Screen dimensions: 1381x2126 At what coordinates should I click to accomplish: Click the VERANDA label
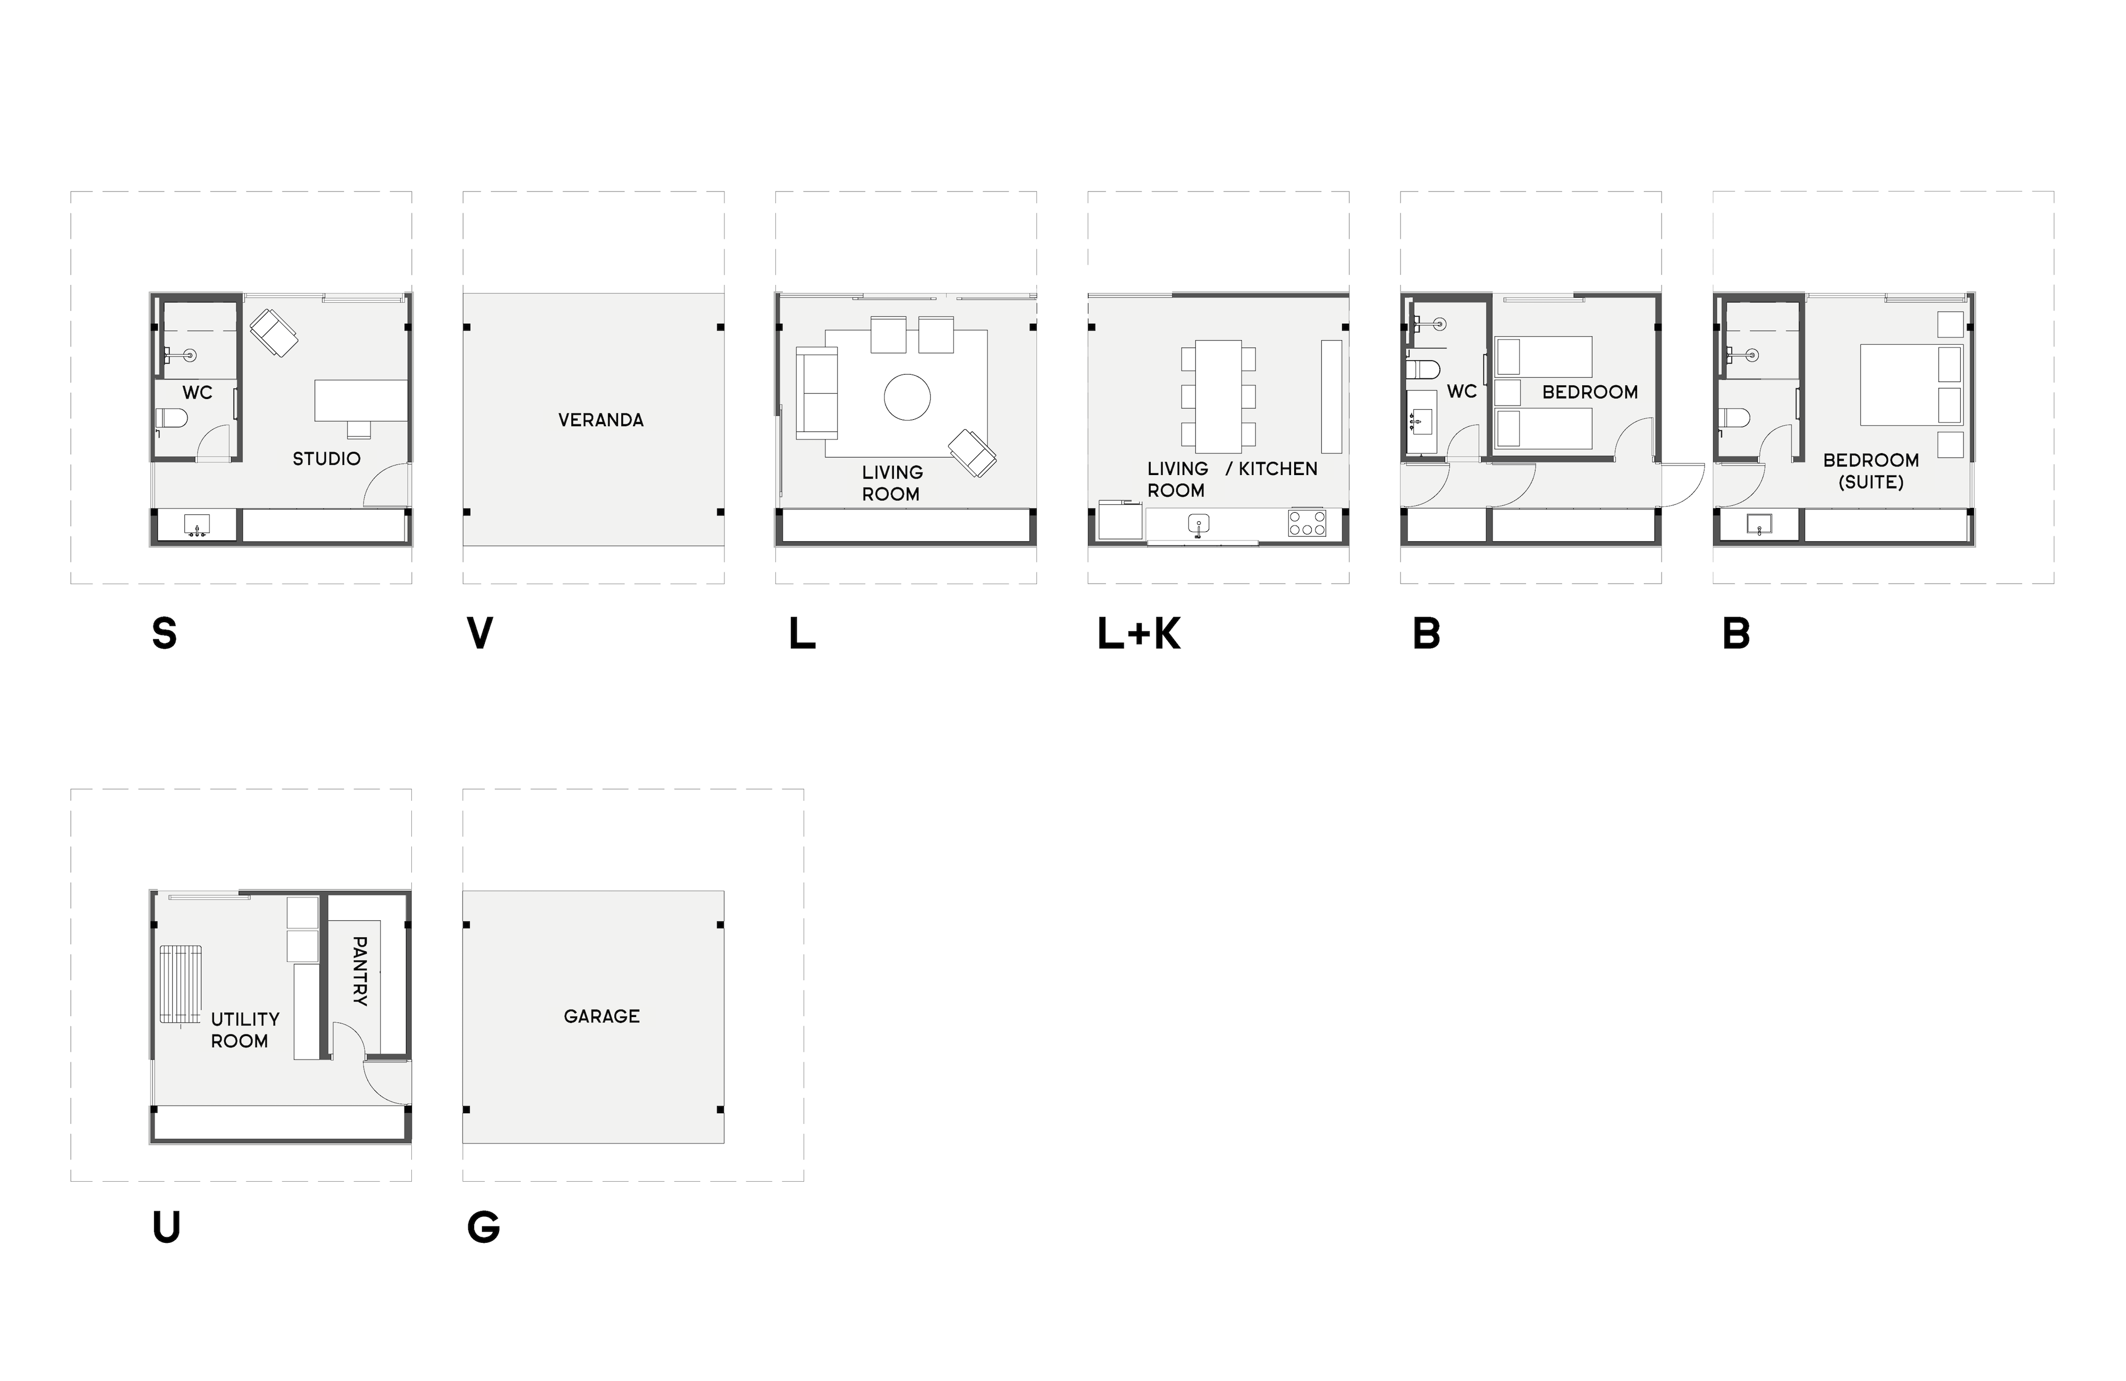point(600,420)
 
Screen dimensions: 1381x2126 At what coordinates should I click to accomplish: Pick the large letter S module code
point(164,633)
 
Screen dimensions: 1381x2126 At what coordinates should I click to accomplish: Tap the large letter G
point(483,1227)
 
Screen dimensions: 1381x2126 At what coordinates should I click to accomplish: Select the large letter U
point(166,1227)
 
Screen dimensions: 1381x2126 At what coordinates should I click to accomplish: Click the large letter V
point(480,633)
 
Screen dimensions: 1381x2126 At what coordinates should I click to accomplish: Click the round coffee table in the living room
point(907,396)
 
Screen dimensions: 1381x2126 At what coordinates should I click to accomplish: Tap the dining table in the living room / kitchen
point(1218,396)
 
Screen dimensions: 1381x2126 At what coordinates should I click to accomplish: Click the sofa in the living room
point(816,393)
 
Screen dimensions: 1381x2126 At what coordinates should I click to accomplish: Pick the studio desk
point(361,400)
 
